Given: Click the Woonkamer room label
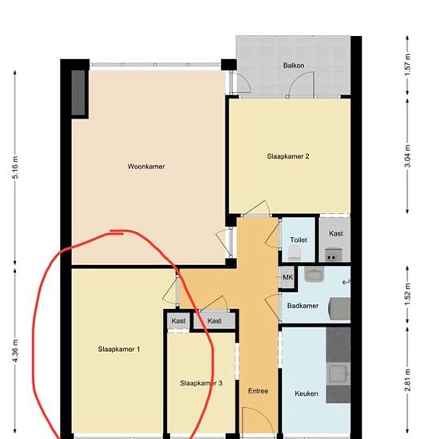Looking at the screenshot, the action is point(146,167).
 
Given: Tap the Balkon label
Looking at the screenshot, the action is point(294,65).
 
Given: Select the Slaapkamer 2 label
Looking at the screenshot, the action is point(288,156).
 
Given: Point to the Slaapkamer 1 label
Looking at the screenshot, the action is point(119,349).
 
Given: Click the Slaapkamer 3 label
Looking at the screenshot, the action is point(201,383).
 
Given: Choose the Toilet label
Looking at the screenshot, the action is point(299,240).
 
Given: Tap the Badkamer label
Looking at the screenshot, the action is point(303,306).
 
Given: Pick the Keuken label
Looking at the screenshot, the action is point(307,394).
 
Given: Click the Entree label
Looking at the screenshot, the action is point(258,391).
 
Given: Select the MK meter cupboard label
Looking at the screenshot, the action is point(288,277).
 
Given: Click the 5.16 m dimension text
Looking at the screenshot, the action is point(15,168).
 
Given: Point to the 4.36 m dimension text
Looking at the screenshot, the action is point(15,350).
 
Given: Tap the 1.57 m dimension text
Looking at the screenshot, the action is point(408,65).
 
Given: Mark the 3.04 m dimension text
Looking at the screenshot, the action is point(408,156).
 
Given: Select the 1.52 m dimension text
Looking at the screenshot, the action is point(408,295).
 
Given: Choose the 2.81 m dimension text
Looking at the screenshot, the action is point(408,380).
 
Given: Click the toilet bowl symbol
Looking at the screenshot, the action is point(294,253).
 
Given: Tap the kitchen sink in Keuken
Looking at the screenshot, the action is point(338,374).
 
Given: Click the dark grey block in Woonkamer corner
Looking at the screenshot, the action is point(78,93).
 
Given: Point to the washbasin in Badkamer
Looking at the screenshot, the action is point(314,274).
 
